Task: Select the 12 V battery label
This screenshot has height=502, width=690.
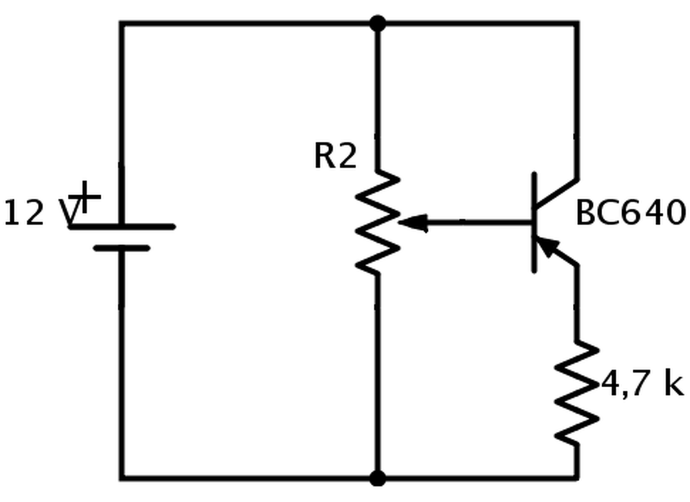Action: click(x=43, y=212)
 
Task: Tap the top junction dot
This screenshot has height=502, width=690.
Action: click(x=377, y=23)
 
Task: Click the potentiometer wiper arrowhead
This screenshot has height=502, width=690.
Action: click(x=413, y=223)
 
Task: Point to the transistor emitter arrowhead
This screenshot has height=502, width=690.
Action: click(x=547, y=245)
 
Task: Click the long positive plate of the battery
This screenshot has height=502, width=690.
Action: click(x=122, y=227)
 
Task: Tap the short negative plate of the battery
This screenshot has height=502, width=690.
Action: click(x=122, y=249)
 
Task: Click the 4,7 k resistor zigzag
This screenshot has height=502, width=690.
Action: click(x=577, y=393)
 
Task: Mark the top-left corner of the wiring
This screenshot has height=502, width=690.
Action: click(x=122, y=23)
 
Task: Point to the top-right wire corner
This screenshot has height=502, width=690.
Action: click(x=577, y=23)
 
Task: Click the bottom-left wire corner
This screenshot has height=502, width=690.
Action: click(x=122, y=478)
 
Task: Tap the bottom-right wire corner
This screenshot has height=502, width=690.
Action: click(x=577, y=478)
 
